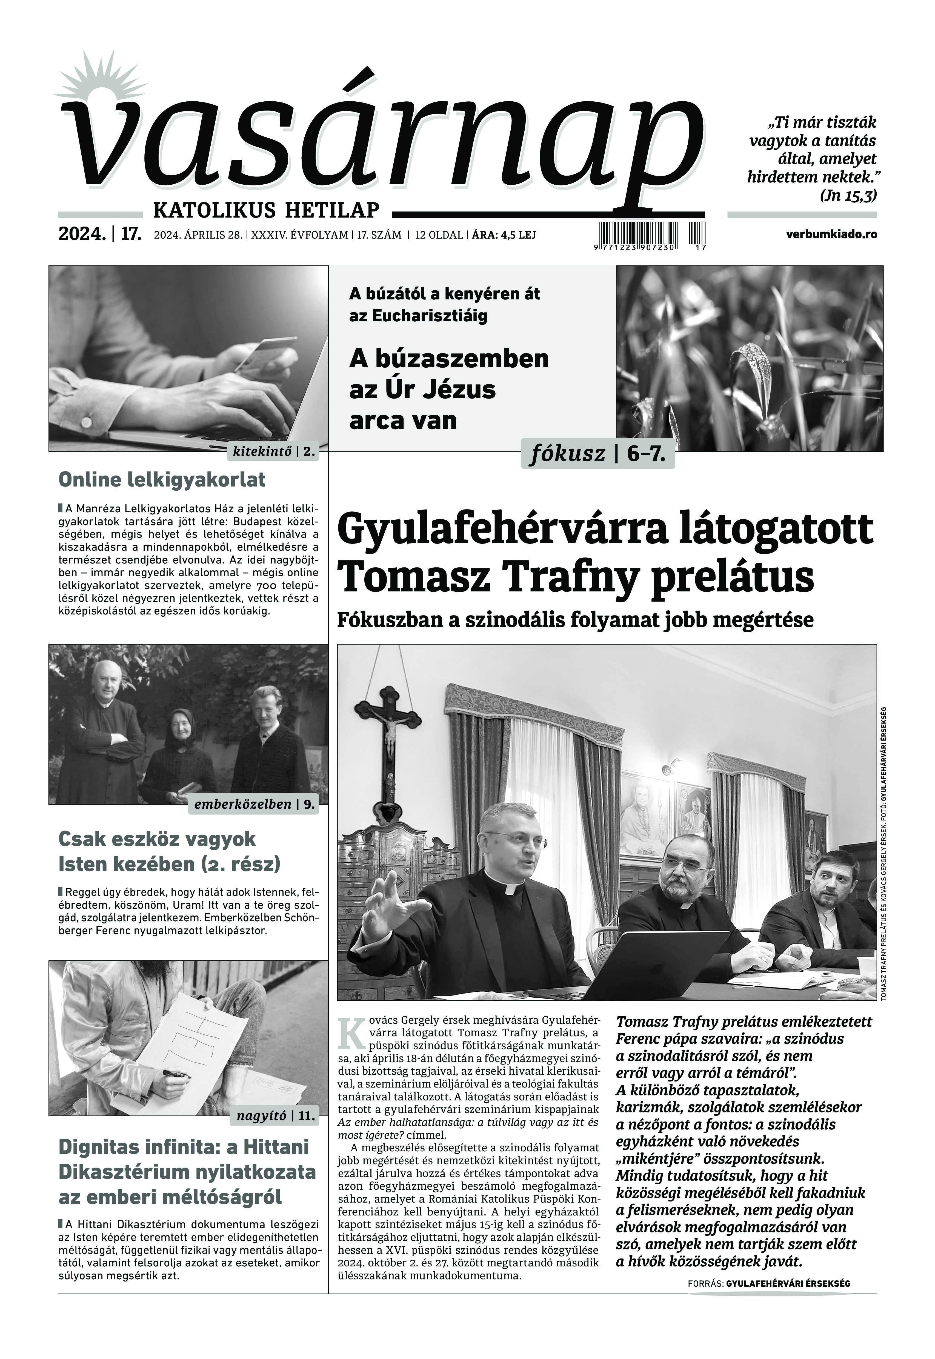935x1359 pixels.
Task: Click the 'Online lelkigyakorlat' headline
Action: tap(162, 480)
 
